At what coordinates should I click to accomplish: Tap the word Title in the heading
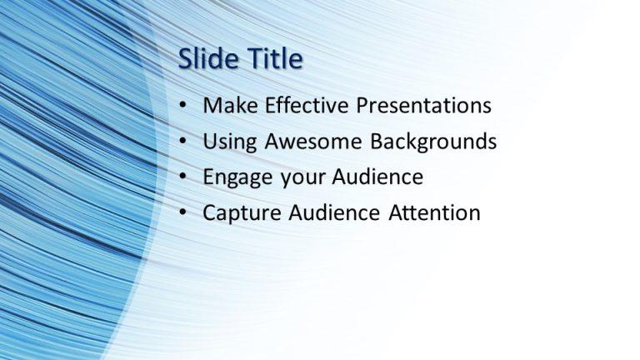coord(270,59)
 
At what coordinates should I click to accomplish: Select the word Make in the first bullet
coord(227,106)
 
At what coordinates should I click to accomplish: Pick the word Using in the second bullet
coord(228,142)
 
